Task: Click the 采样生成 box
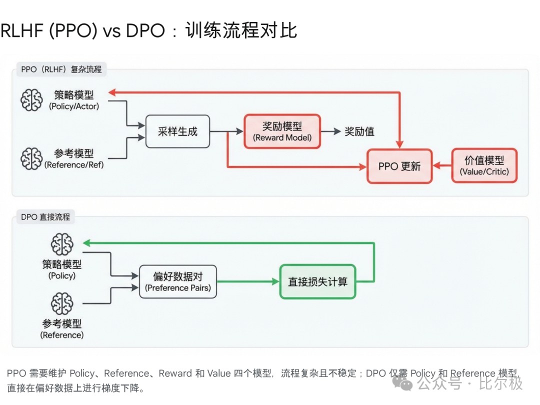(x=177, y=131)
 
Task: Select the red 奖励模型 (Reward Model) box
(x=282, y=131)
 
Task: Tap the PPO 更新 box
(x=399, y=166)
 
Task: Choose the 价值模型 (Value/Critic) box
(x=484, y=165)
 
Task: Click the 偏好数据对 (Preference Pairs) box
(x=178, y=281)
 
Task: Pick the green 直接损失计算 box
(x=317, y=281)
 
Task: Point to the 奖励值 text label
(x=359, y=131)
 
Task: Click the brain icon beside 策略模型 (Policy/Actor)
(x=31, y=100)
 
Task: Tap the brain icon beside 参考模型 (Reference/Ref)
(x=31, y=158)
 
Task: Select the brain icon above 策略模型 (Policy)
(x=62, y=244)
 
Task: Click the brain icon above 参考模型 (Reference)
(x=62, y=304)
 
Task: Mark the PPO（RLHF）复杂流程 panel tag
(x=61, y=69)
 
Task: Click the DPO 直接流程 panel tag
(x=45, y=217)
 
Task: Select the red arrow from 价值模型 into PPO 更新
(x=442, y=166)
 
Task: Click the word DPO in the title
(x=145, y=31)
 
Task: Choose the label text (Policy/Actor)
(x=74, y=106)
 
